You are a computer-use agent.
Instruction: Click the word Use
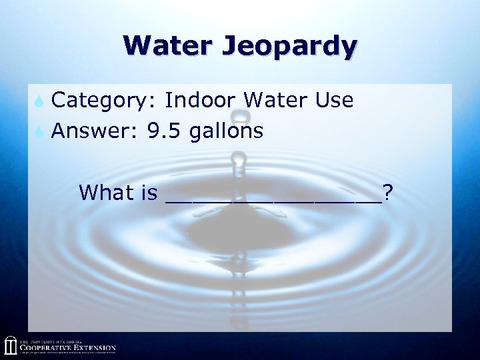tap(334, 101)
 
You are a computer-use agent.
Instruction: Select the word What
tap(106, 193)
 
